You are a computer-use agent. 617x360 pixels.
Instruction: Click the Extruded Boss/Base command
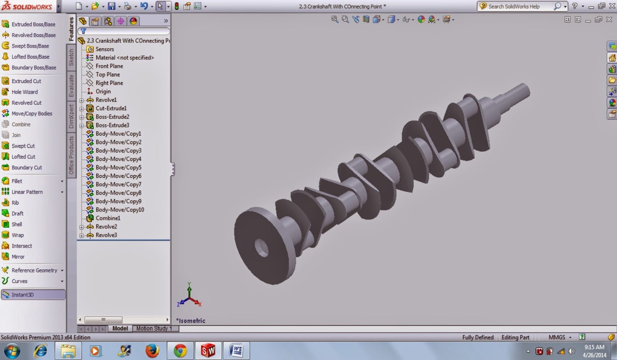tap(33, 24)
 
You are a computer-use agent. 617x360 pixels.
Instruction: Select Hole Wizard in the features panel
tap(24, 92)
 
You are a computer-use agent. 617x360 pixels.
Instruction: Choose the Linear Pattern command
tap(27, 192)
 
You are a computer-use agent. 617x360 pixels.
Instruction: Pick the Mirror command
tap(18, 257)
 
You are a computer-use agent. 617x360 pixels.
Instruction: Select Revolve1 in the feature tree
tap(106, 100)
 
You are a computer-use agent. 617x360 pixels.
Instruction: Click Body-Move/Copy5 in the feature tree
tap(118, 167)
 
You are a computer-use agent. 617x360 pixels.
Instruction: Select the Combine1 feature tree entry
tap(108, 218)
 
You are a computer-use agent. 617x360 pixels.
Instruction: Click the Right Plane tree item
tap(109, 83)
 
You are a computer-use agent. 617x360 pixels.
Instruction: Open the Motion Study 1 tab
tap(154, 328)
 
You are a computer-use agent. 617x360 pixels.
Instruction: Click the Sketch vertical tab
tap(71, 57)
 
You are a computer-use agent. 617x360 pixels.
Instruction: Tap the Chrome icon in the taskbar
tap(180, 351)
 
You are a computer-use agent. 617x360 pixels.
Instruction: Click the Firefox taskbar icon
tap(152, 351)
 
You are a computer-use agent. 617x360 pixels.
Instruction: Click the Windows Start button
tap(12, 351)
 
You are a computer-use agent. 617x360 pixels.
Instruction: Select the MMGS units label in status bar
tap(556, 337)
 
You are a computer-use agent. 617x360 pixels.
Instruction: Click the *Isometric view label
tap(191, 321)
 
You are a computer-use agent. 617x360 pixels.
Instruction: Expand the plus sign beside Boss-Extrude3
tap(82, 125)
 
